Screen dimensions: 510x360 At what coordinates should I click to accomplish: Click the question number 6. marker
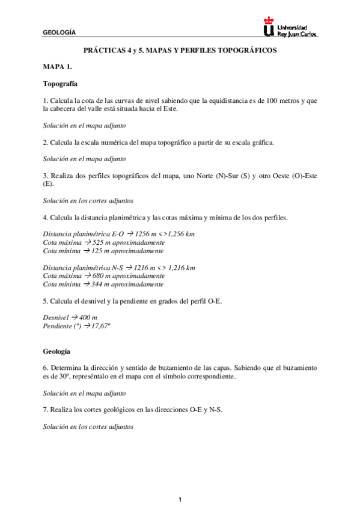(46, 367)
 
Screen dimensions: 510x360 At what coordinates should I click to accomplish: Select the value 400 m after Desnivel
(88, 317)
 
